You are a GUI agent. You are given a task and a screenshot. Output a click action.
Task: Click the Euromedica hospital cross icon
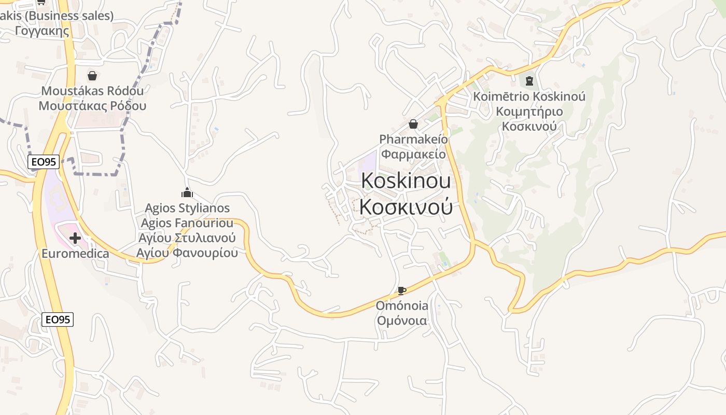point(75,239)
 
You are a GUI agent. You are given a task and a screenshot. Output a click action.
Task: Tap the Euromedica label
point(75,254)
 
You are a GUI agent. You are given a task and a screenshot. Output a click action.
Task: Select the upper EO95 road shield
point(44,162)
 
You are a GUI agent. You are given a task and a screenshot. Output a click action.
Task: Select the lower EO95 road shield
point(58,320)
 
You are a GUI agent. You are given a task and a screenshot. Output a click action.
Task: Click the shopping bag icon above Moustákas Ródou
point(92,76)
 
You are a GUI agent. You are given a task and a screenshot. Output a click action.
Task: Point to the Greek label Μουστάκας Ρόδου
point(92,106)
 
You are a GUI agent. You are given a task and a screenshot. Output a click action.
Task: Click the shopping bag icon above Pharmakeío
point(413,124)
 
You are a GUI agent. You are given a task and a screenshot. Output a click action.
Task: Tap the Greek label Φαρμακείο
point(413,154)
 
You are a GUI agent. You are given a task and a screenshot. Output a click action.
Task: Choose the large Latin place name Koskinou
point(406,181)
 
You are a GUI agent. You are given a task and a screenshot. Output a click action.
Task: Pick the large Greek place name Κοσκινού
point(406,206)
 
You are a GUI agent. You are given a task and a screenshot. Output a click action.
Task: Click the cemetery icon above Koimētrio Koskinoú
point(529,81)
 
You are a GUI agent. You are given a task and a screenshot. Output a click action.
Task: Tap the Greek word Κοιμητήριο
point(529,112)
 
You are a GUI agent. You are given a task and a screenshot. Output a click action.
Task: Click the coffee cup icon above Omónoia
point(401,290)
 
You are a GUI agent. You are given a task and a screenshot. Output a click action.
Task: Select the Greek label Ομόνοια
point(402,321)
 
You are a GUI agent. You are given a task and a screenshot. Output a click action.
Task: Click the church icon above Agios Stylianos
point(187,193)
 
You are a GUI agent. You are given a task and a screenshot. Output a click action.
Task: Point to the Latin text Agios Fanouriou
point(187,224)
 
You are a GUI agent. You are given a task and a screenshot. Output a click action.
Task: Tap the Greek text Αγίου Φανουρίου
point(187,253)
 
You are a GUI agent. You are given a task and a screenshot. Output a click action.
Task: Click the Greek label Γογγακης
point(43,31)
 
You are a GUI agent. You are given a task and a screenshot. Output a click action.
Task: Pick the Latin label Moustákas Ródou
point(92,91)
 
